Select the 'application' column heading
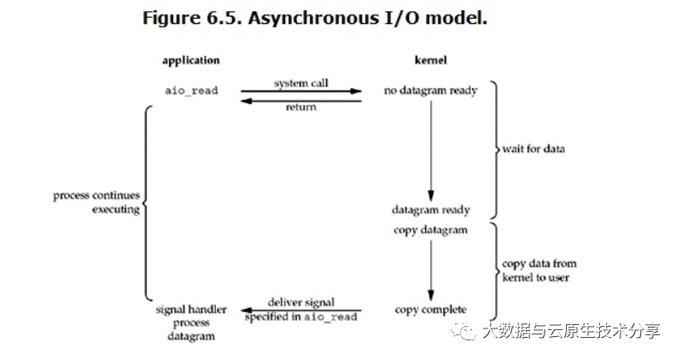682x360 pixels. (x=190, y=61)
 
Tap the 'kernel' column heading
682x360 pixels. (x=430, y=61)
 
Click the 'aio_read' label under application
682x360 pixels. (x=190, y=90)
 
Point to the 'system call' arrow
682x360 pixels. (x=300, y=90)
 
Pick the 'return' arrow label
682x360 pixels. (x=300, y=107)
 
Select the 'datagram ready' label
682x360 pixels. (x=431, y=210)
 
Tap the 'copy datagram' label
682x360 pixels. (x=431, y=230)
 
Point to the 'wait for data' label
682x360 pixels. (x=533, y=149)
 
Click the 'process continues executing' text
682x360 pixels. (x=97, y=202)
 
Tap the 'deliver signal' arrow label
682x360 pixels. (x=300, y=302)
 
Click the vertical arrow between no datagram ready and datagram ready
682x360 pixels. (x=430, y=149)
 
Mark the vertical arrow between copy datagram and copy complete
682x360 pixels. (x=430, y=269)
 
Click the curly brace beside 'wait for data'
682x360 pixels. (x=494, y=149)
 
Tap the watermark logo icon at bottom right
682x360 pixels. (x=466, y=331)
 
